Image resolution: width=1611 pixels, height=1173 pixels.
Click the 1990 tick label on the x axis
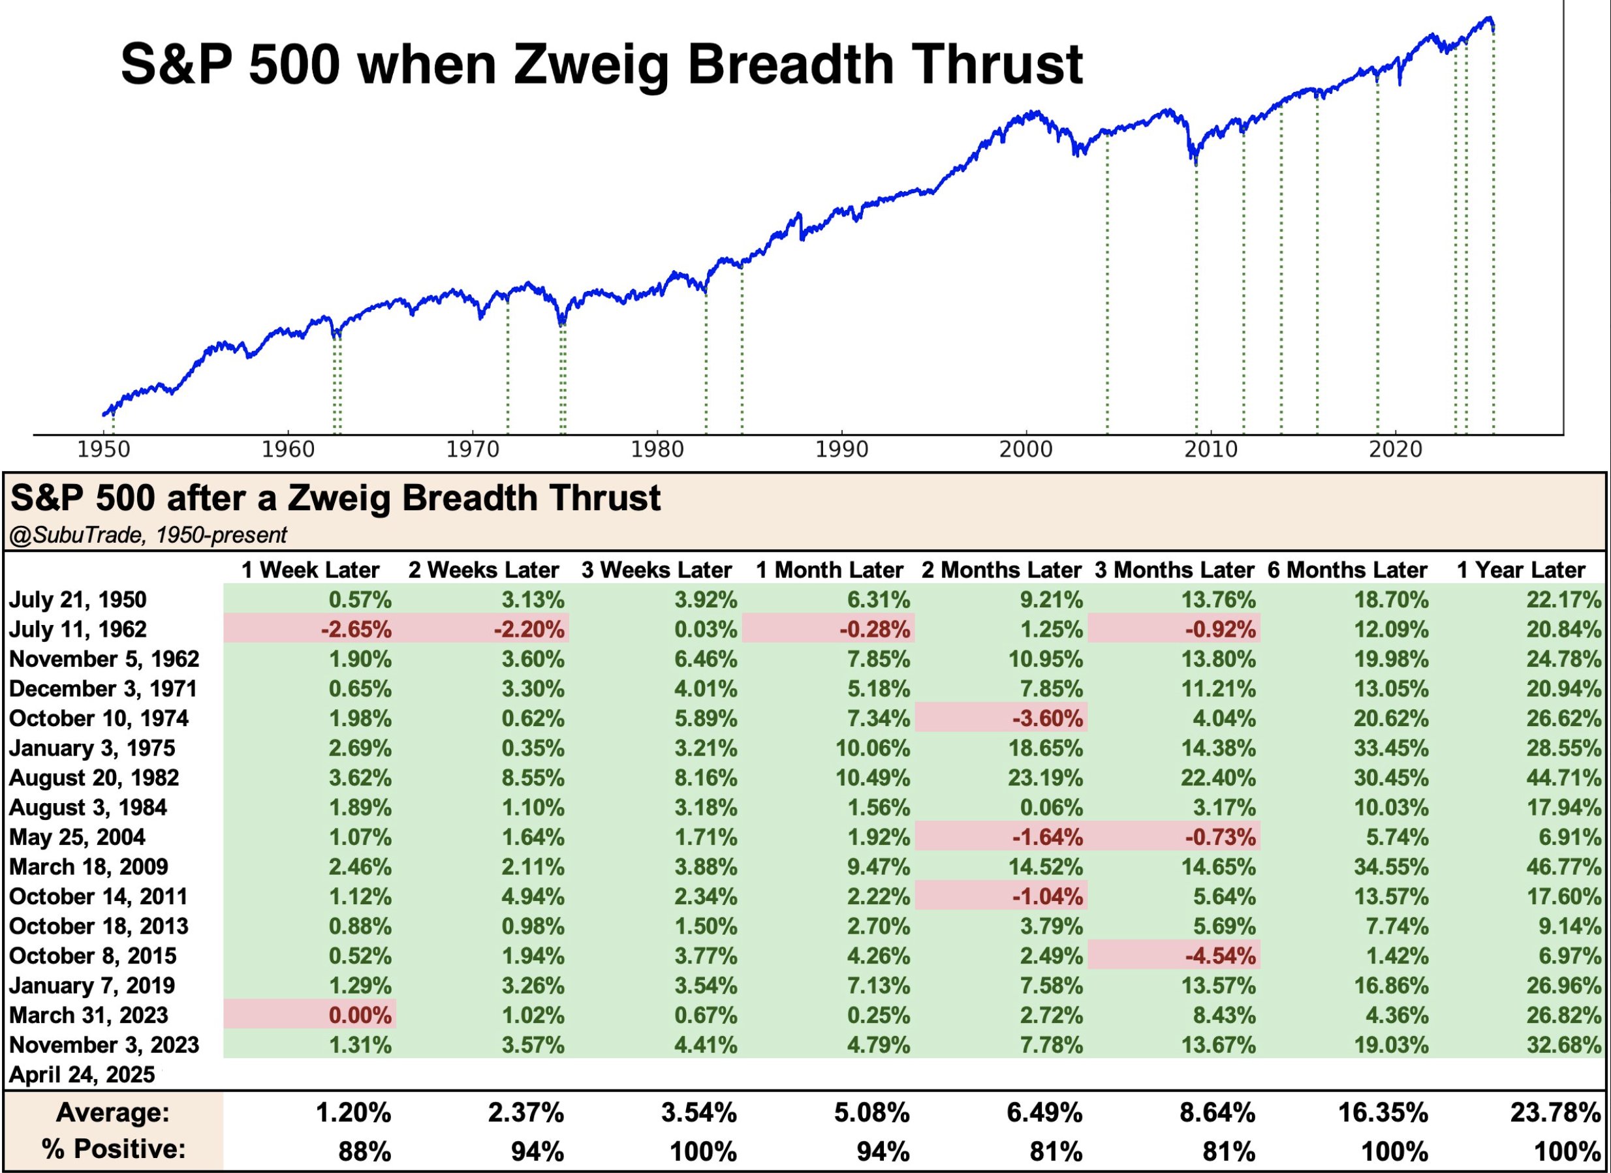click(841, 450)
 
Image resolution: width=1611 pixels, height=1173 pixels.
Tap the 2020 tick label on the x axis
click(1396, 450)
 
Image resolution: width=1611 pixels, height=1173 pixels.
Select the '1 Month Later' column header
click(829, 570)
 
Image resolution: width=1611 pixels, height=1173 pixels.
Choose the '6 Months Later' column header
click(1347, 570)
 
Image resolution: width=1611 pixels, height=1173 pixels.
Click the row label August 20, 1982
click(94, 778)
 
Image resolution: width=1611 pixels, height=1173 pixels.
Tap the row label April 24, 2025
click(82, 1074)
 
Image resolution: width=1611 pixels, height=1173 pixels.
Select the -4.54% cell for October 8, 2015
click(1219, 956)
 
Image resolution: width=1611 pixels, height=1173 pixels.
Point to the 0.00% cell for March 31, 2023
click(360, 1015)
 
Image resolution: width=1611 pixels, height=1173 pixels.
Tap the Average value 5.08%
click(871, 1112)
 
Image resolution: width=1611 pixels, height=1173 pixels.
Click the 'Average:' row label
click(113, 1112)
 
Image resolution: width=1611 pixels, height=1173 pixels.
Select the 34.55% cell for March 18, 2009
click(1390, 867)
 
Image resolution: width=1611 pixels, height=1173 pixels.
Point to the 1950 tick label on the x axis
click(104, 450)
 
